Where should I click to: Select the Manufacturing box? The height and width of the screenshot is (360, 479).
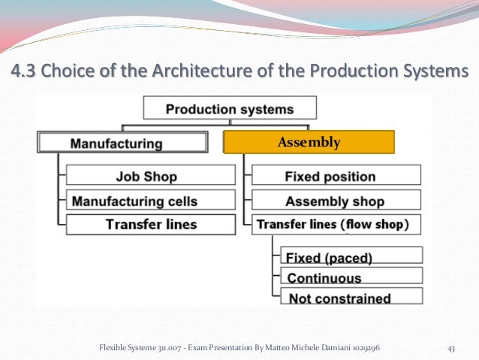(122, 142)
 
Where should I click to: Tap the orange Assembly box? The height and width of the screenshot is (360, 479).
(309, 142)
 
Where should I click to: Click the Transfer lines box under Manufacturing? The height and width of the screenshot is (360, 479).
(142, 224)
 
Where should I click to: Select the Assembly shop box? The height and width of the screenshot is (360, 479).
(336, 201)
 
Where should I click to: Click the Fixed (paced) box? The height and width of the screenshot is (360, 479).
(350, 256)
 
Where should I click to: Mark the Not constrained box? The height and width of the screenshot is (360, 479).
(350, 298)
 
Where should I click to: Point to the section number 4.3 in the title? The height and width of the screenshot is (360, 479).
(23, 73)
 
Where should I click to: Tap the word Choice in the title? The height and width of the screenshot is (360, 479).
(65, 73)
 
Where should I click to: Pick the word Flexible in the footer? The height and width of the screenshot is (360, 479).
(113, 348)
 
